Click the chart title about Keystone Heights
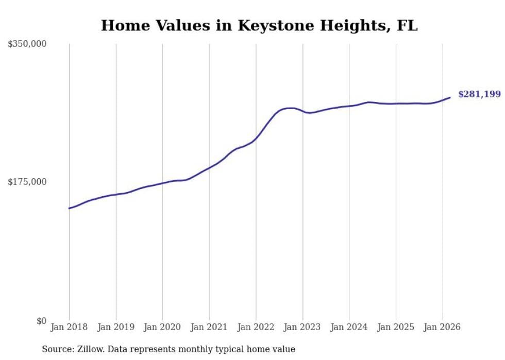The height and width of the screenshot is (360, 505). coord(259,25)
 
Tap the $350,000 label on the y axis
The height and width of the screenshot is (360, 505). coord(27,44)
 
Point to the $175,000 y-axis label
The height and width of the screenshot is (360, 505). coord(27,182)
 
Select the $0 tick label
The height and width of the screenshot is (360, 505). coord(41,321)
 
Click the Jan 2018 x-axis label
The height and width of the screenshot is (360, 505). coord(69,327)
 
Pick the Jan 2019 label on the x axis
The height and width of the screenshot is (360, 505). coord(116,327)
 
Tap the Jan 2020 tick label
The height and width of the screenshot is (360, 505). coord(162,327)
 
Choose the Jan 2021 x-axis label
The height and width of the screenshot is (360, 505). coord(209,327)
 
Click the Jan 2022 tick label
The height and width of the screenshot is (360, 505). coord(256,327)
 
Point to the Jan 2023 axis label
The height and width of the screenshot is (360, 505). coord(302,327)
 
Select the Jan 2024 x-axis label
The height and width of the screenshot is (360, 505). coord(349,327)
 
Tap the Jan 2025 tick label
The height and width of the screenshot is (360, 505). coord(396,327)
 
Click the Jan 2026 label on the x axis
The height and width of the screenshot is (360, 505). coord(442,327)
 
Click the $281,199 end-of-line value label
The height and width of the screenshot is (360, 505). coord(479,94)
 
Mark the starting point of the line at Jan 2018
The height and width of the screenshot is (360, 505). coord(69,208)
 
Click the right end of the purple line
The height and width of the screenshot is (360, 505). coord(450,97)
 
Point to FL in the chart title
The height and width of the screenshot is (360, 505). coord(407,25)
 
